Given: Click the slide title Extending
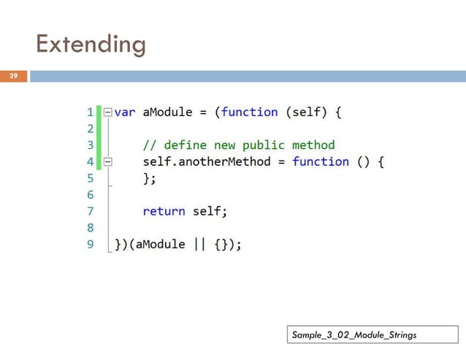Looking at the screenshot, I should click(x=91, y=45).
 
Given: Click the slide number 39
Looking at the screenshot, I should click(x=13, y=76).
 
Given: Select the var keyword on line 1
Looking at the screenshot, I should click(x=125, y=112).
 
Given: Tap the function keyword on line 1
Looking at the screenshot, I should click(x=249, y=112).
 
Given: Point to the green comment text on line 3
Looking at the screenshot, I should click(x=238, y=145).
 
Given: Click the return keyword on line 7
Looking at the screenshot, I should click(x=164, y=211).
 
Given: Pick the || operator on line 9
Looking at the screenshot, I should click(x=199, y=244).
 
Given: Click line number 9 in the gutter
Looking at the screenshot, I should click(x=90, y=244).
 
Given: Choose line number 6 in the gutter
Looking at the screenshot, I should click(x=90, y=194).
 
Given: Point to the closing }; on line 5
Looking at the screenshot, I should click(x=150, y=177).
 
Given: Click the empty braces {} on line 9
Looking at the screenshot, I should click(x=220, y=244).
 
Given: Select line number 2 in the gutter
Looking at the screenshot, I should click(x=90, y=129).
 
